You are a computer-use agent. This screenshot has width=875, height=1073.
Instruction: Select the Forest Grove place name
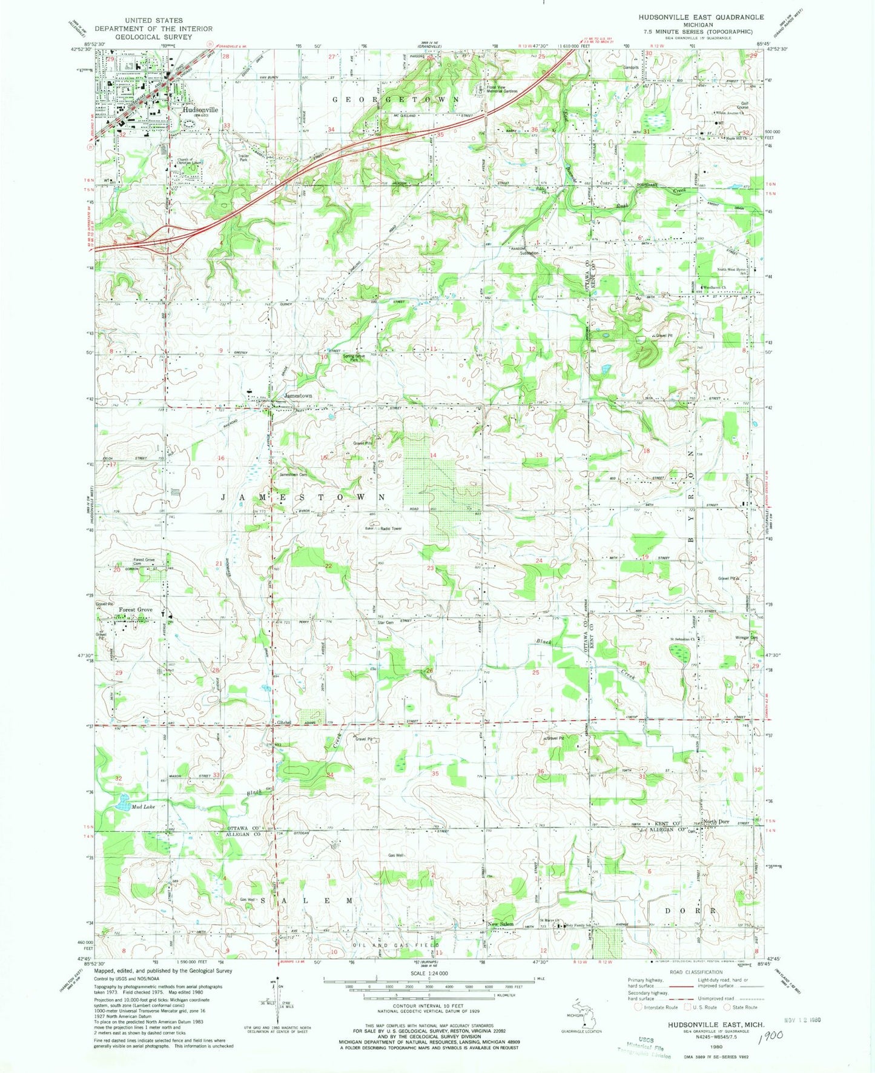tap(136, 610)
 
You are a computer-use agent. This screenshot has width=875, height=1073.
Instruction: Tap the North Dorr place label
tap(716, 822)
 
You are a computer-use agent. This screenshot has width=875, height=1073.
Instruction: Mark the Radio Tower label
tap(391, 528)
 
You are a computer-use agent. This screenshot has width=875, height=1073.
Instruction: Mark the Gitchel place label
tap(285, 722)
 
